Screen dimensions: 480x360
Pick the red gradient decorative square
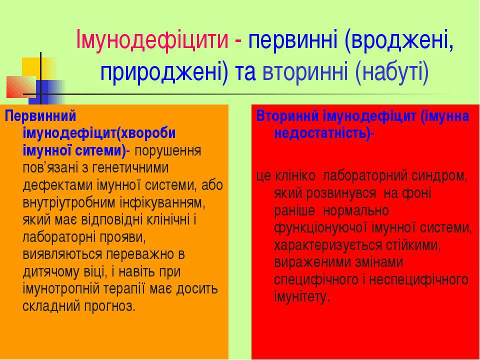[x=21, y=87]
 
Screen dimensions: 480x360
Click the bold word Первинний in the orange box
[x=40, y=117]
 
